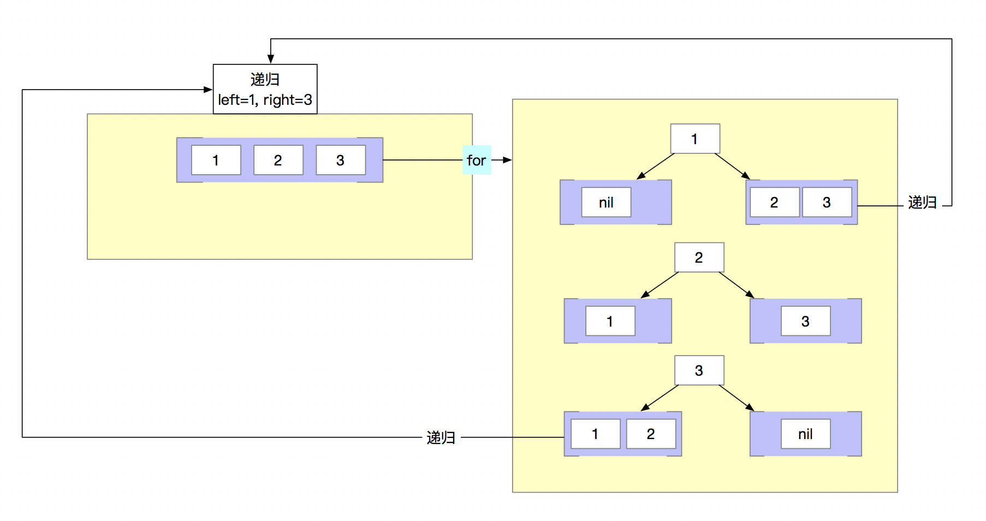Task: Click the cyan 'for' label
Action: (x=477, y=160)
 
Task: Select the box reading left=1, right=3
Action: (x=265, y=90)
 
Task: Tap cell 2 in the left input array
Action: (x=278, y=160)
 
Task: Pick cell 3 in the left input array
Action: (x=340, y=160)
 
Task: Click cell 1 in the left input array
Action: (x=216, y=160)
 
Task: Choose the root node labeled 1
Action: (x=694, y=139)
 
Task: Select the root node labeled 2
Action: (x=699, y=257)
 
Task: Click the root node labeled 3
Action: (x=699, y=370)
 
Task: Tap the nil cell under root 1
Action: (x=606, y=202)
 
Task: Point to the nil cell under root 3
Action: (x=805, y=434)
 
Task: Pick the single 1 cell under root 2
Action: (x=610, y=321)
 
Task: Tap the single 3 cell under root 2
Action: (x=805, y=321)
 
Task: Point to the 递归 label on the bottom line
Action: (x=441, y=437)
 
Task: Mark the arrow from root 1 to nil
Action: (x=656, y=166)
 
